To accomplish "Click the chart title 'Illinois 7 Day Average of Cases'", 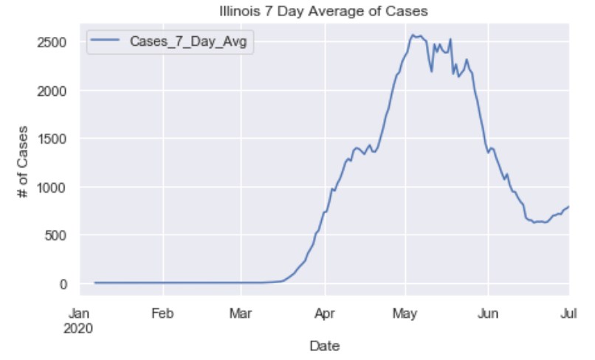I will point(324,11).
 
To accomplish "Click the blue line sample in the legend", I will point(106,43).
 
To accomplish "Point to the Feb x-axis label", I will point(162,312).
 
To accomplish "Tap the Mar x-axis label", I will point(240,312).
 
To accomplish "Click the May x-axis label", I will point(404,312).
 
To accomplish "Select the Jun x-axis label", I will point(487,312).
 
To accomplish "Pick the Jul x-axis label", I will point(568,312).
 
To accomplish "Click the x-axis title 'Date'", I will point(324,345).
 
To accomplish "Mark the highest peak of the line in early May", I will point(413,35).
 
